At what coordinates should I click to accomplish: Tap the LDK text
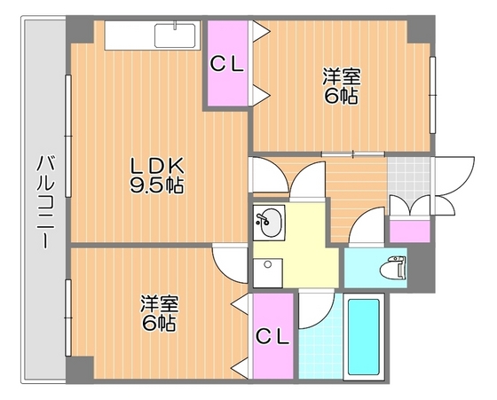pyautogui.click(x=157, y=166)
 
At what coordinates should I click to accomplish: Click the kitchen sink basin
pyautogui.click(x=177, y=35)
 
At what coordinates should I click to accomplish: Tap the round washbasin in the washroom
pyautogui.click(x=269, y=222)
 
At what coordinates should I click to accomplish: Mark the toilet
pyautogui.click(x=390, y=267)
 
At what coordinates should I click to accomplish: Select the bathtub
pyautogui.click(x=362, y=338)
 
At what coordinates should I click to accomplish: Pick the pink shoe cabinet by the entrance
pyautogui.click(x=409, y=230)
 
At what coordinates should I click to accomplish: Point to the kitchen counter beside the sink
pyautogui.click(x=130, y=35)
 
